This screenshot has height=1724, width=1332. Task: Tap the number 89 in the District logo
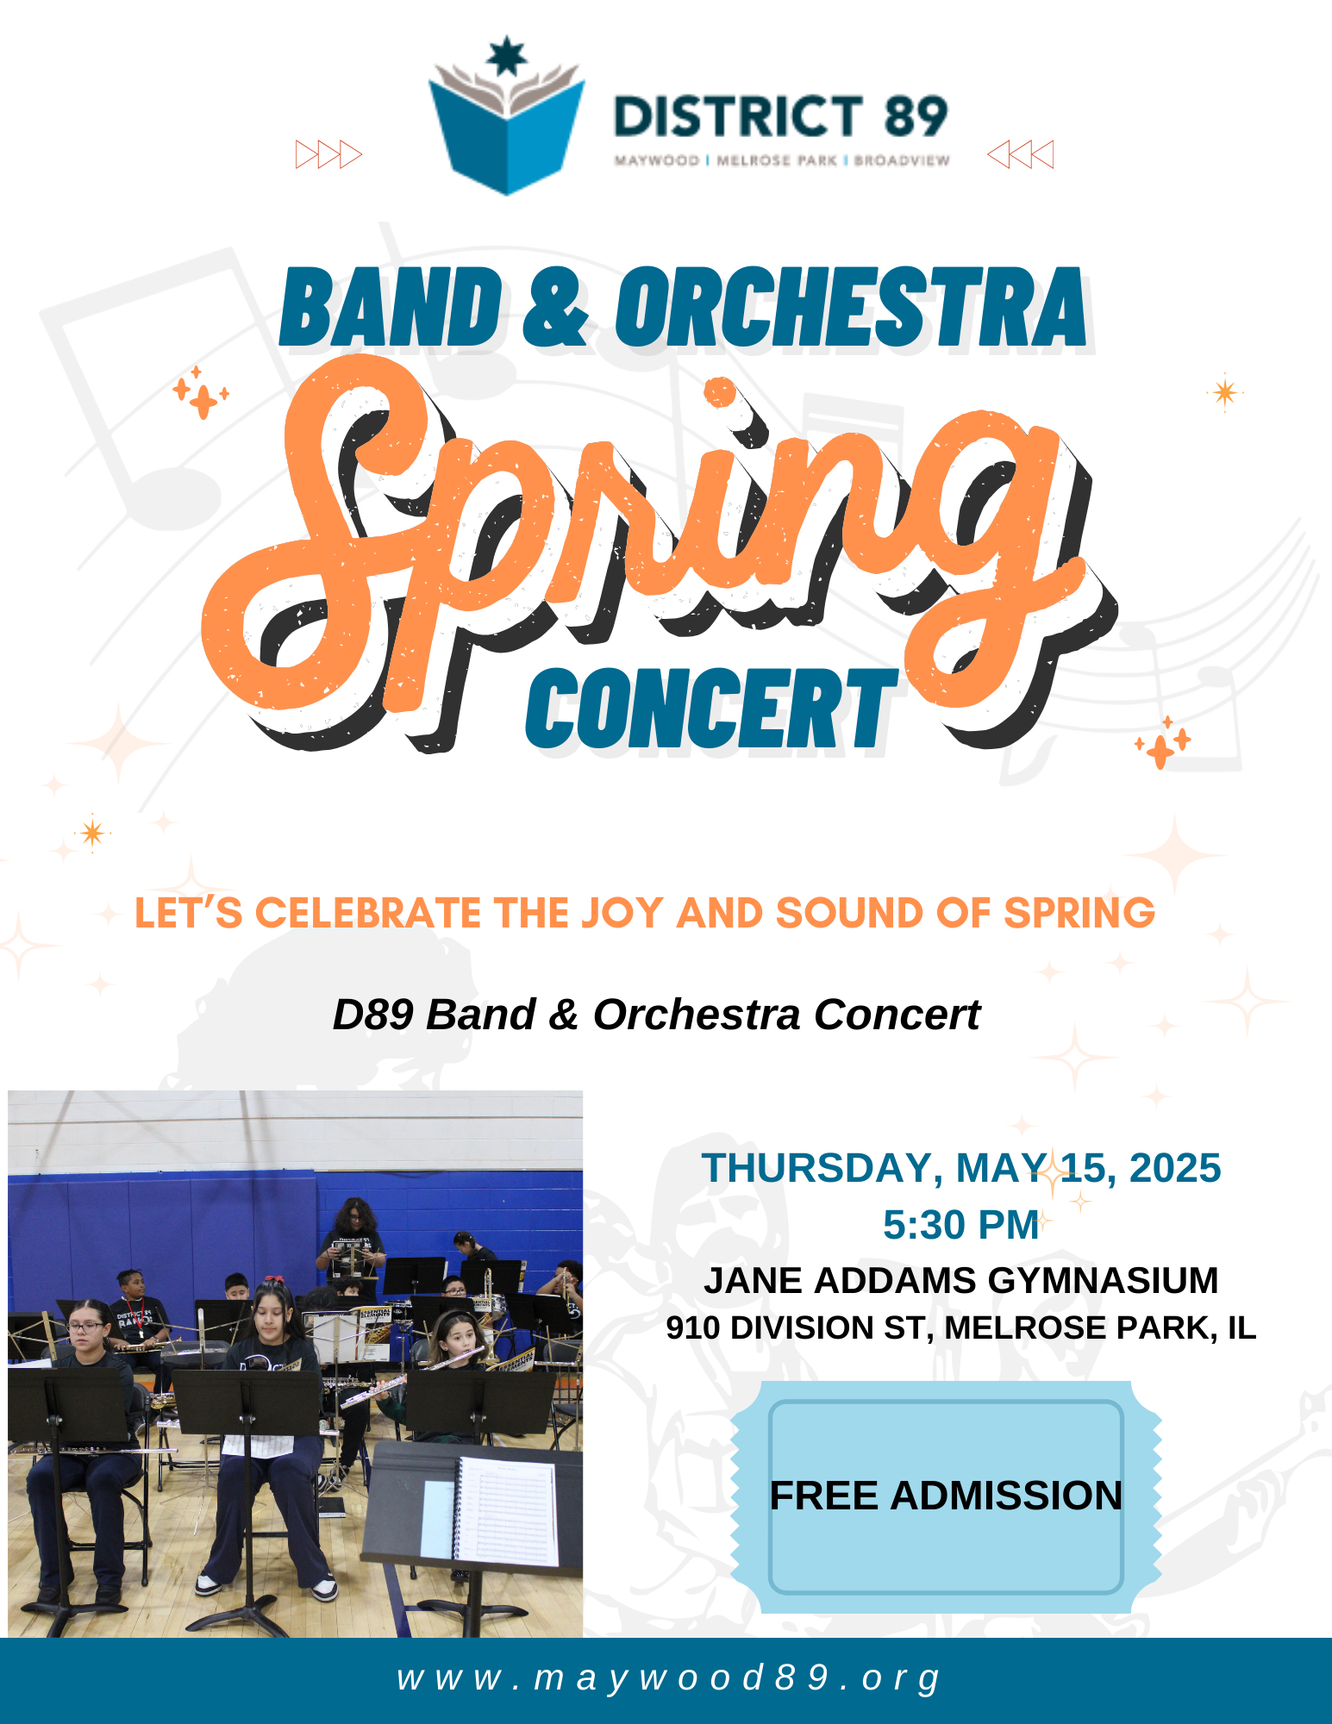tap(916, 117)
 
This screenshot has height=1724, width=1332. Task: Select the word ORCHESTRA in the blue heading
tap(851, 307)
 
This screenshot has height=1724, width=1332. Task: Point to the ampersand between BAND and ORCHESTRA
tap(556, 307)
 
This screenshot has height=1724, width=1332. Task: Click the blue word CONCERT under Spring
tap(712, 709)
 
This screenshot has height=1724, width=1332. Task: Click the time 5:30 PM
tap(960, 1225)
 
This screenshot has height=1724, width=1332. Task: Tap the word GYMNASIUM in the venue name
tap(1103, 1280)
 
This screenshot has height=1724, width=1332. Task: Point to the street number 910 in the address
tap(694, 1328)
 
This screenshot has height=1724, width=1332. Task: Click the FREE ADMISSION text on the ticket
tap(946, 1496)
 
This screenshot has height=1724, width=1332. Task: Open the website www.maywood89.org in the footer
tap(669, 1678)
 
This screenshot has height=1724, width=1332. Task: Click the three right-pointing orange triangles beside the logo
tap(328, 154)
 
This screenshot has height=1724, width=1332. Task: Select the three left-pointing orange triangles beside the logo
tap(1020, 154)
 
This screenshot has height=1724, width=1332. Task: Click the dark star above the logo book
tap(506, 56)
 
